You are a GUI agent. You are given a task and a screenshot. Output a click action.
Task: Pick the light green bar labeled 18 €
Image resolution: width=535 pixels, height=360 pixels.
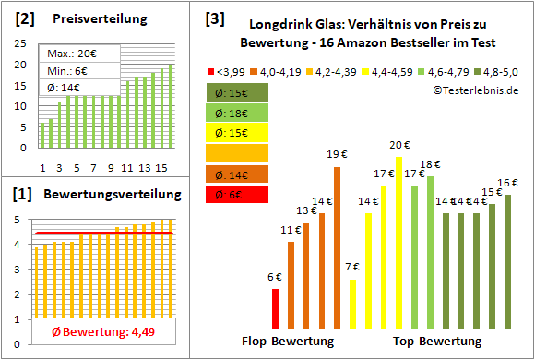coord(430,250)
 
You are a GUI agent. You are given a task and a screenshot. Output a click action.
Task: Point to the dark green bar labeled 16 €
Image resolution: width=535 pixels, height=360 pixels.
coord(507,260)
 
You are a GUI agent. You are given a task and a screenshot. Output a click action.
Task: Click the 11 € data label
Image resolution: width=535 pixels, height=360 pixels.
coord(289,229)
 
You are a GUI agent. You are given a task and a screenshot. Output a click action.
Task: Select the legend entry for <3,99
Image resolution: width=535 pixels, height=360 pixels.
coord(227,70)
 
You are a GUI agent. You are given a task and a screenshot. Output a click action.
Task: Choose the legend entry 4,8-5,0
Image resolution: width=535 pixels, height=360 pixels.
coord(500,70)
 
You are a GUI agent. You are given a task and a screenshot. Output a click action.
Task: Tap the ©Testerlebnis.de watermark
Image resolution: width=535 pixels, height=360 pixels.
coord(474,90)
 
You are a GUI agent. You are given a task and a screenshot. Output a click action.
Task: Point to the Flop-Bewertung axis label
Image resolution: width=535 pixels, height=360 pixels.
coord(287,341)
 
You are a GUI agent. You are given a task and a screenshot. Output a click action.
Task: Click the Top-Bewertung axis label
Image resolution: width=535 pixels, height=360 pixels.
coord(437,341)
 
